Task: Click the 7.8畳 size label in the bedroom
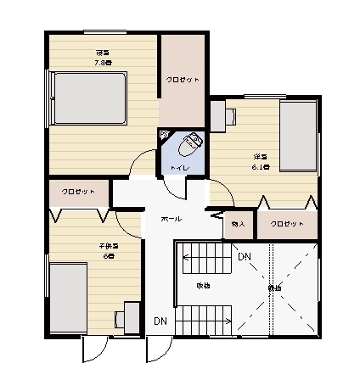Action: tap(104, 62)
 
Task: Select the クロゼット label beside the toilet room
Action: tap(183, 79)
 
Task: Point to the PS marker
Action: tap(164, 134)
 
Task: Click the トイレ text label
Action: tap(179, 168)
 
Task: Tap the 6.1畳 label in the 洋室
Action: tap(261, 167)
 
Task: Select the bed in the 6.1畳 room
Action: tap(298, 137)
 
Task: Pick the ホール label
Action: tap(172, 218)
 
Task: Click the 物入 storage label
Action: tap(238, 225)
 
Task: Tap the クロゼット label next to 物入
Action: tap(287, 225)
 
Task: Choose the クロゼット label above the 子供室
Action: tap(78, 193)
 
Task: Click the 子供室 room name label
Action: tap(108, 246)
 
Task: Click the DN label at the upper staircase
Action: tap(245, 256)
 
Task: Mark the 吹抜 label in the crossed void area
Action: tap(274, 288)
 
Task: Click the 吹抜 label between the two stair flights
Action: tap(204, 285)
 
